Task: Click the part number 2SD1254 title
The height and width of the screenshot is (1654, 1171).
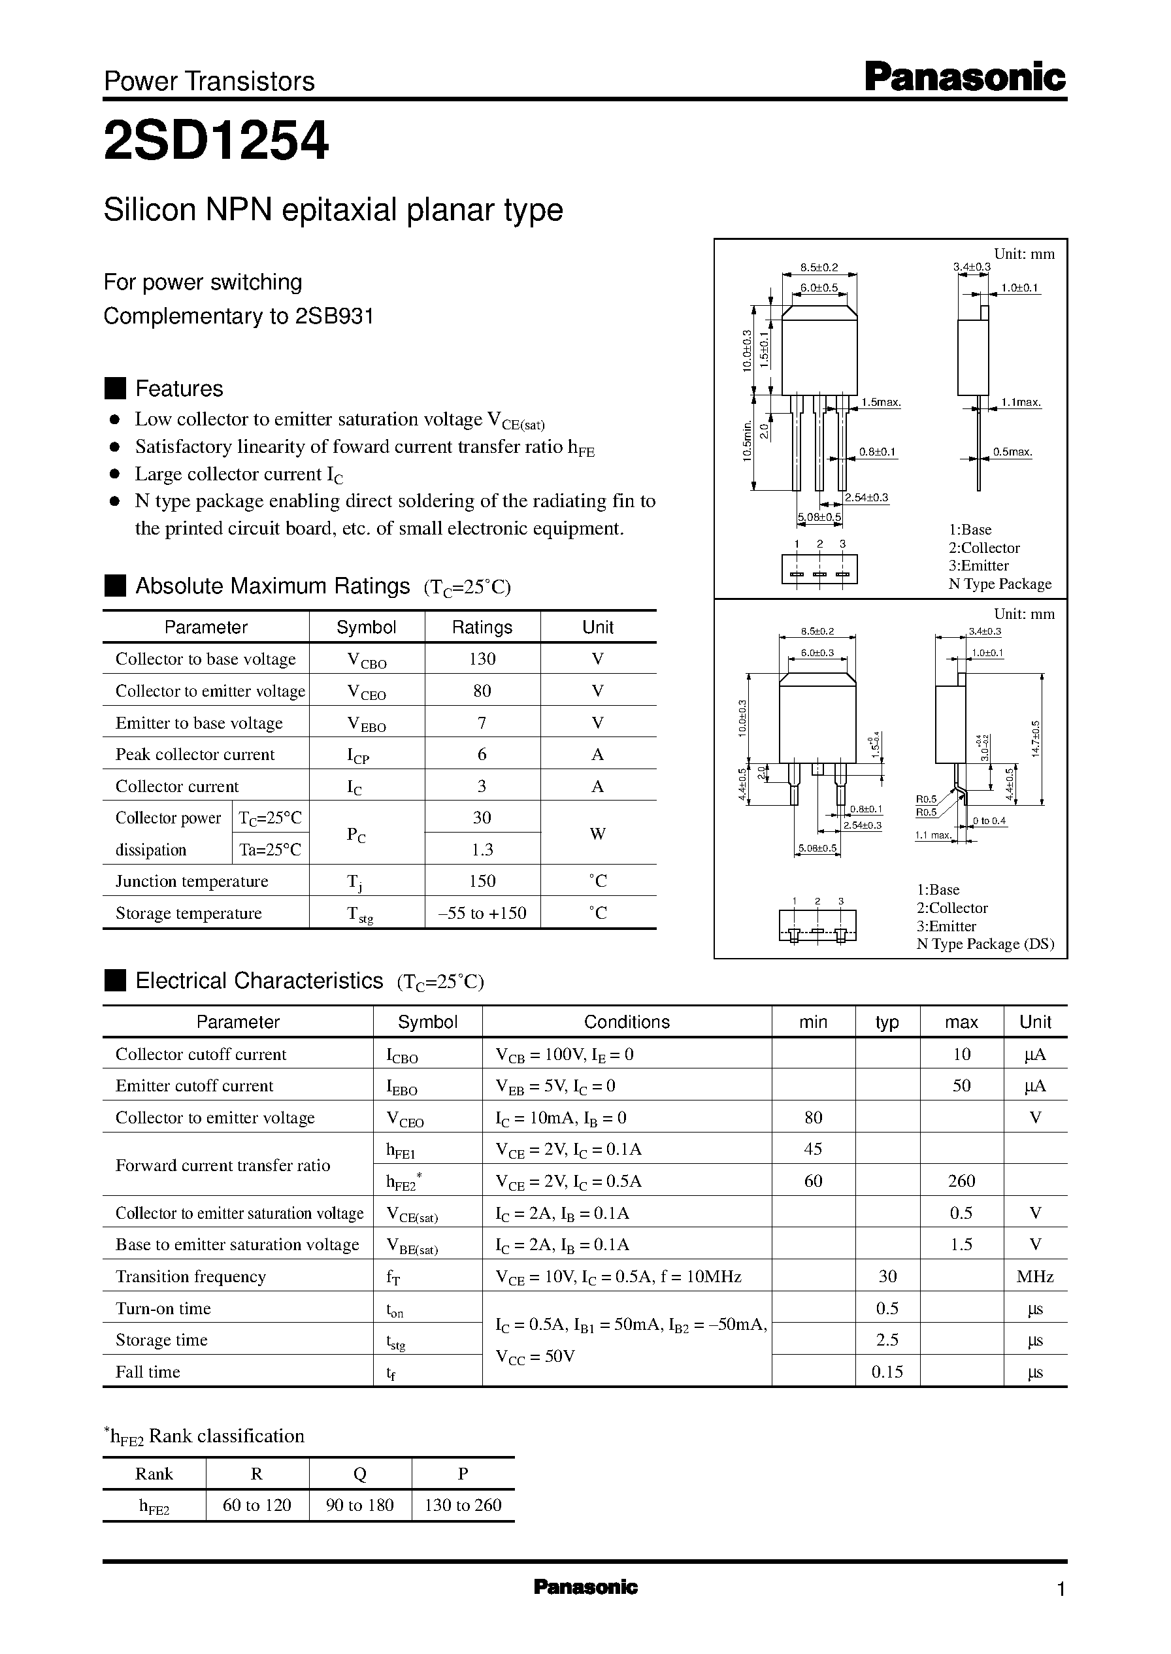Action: coord(216,141)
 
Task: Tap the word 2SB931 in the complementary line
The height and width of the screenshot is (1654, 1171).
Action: coord(334,316)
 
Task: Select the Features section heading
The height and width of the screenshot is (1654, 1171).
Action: coord(179,389)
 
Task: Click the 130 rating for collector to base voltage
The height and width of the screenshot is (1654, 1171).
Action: coord(482,659)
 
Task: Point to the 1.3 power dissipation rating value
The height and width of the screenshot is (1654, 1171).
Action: coord(482,850)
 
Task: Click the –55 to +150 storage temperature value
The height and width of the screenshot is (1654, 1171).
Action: coord(482,914)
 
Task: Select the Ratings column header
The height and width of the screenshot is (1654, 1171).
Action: coord(482,627)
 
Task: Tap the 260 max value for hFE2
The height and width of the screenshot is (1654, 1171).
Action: coord(961,1181)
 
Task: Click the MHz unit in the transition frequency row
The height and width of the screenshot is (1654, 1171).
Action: coord(1034,1277)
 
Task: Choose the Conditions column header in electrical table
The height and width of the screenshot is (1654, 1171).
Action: coord(627,1022)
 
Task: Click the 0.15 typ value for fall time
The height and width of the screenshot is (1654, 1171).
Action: coord(887,1372)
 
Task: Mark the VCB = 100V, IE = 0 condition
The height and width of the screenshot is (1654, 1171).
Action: coord(565,1055)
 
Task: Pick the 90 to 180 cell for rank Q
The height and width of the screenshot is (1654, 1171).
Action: coord(360,1506)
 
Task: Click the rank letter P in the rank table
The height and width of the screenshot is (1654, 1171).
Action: coord(463,1474)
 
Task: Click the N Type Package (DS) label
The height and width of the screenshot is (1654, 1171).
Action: coord(985,944)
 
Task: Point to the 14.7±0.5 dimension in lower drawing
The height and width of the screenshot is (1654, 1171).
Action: coord(1036,738)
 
